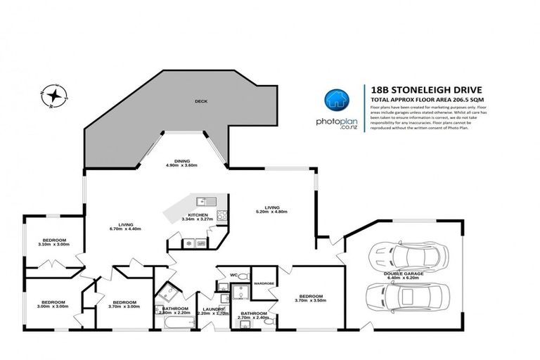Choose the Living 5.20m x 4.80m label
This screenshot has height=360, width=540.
point(272,208)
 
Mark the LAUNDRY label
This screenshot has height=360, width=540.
point(212,309)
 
